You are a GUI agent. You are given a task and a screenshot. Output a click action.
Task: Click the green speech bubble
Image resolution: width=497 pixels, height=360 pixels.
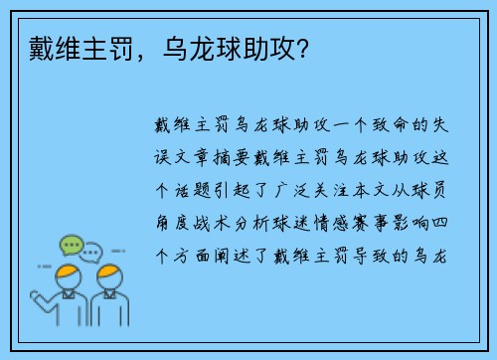[x=72, y=244]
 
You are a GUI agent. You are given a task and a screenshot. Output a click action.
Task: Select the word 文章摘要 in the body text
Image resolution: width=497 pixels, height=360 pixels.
[x=213, y=156]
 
